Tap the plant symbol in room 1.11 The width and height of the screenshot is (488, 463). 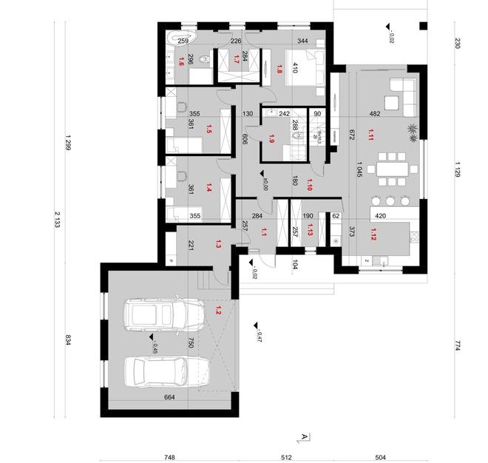(410, 133)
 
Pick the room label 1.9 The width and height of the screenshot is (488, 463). (272, 137)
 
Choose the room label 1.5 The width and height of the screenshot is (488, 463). (209, 130)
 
